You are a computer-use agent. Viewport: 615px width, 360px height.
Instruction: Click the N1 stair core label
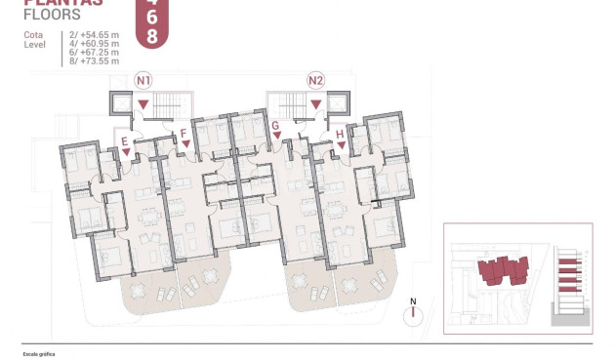click(144, 80)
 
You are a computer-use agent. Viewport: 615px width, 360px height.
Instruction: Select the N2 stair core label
click(315, 80)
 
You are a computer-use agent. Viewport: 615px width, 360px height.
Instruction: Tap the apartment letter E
click(125, 141)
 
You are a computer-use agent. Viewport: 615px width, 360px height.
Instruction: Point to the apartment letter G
click(276, 126)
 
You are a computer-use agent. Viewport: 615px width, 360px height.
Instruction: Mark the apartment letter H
click(340, 134)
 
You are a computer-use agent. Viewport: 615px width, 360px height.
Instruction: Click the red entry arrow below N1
click(144, 103)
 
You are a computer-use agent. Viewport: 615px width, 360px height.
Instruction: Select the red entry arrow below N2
click(315, 103)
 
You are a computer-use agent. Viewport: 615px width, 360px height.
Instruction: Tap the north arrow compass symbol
click(414, 312)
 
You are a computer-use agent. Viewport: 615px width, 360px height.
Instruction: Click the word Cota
click(32, 35)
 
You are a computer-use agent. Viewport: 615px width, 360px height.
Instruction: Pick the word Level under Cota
click(34, 44)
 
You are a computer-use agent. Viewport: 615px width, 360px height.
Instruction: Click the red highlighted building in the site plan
click(502, 268)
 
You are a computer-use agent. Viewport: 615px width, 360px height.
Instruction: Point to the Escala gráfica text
click(39, 354)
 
